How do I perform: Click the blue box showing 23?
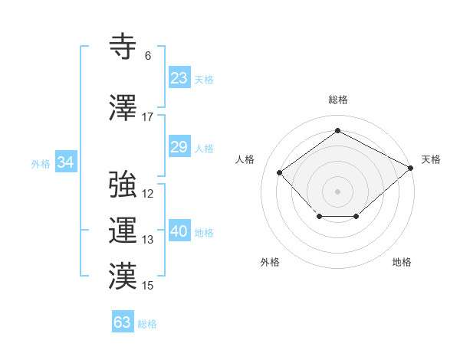(179, 78)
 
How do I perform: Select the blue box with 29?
(179, 147)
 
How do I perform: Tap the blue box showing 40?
(179, 231)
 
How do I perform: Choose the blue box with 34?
(66, 162)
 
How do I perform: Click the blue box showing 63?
(123, 322)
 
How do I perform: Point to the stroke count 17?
(148, 117)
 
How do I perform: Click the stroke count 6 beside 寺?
(148, 56)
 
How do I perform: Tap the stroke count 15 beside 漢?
(148, 286)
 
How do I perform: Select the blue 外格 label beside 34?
(41, 163)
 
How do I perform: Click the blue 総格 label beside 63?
(148, 323)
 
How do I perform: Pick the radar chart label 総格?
(337, 100)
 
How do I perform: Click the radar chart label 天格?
(431, 159)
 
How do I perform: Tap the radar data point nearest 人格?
(280, 172)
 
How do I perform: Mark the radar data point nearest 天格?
(411, 168)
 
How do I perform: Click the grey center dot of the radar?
(337, 191)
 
